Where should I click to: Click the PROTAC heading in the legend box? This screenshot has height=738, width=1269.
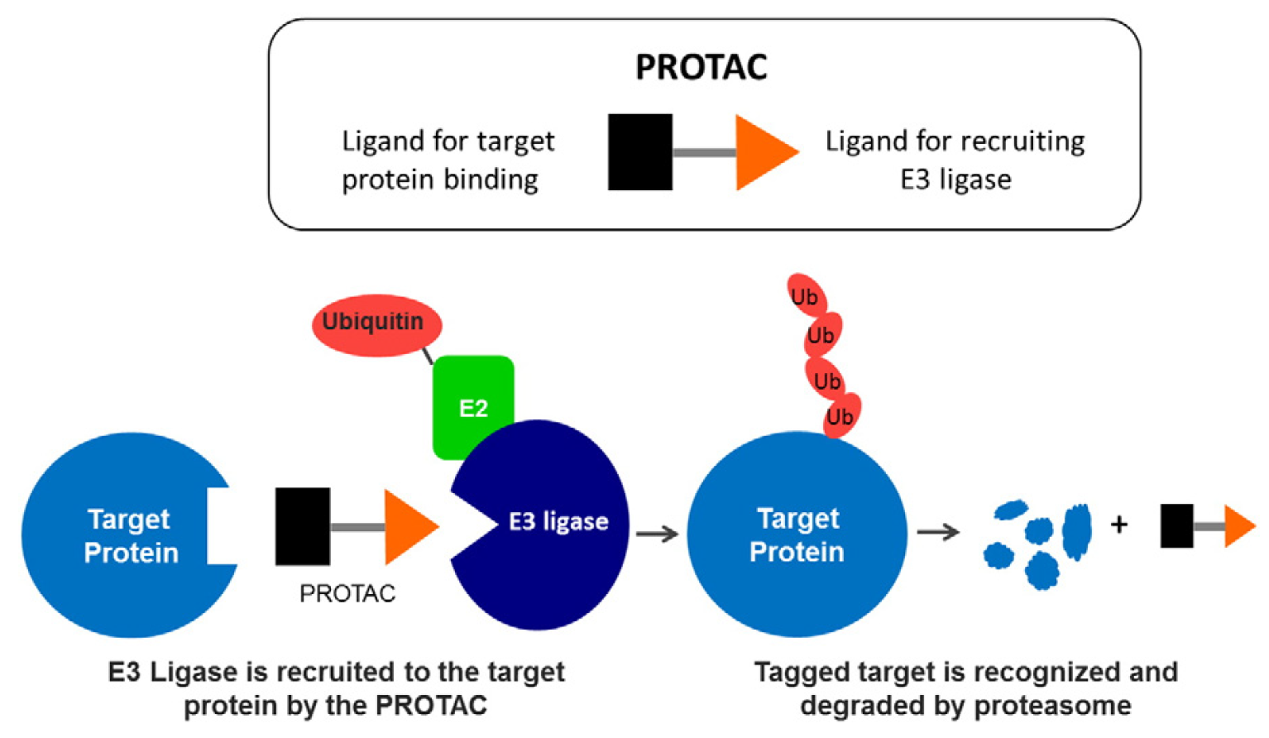701,67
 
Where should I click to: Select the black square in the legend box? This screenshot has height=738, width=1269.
639,152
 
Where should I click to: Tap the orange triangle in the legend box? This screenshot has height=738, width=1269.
762,152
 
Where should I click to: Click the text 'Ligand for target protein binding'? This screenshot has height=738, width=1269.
447,160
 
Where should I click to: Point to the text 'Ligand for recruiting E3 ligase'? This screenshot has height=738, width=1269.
955,160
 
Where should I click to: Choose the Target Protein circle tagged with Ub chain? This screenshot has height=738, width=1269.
797,534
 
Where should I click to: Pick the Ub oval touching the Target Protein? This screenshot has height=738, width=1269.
840,415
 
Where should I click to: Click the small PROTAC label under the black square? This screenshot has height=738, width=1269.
347,593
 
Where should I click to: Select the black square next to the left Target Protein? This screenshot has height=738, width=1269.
302,526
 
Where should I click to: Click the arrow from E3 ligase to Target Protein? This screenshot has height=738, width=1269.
657,534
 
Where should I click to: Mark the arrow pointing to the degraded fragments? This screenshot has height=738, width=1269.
937,532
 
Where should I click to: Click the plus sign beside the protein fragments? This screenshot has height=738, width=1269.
1118,525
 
